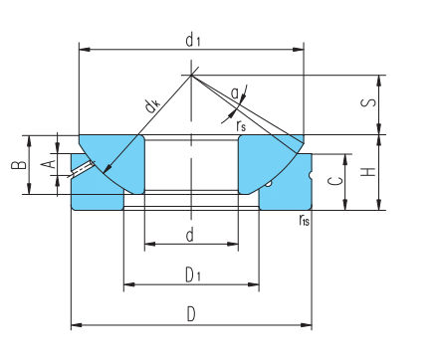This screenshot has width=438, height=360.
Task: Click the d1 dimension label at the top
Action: (193, 41)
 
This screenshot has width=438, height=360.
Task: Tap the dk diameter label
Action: (152, 105)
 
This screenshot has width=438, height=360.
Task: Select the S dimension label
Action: (368, 103)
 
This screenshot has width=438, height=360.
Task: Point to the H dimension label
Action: (368, 172)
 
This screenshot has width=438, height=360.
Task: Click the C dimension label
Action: (335, 181)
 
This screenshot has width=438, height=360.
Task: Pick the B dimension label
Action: (19, 165)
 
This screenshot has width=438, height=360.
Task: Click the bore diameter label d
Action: (190, 235)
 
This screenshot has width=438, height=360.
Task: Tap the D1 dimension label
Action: (193, 274)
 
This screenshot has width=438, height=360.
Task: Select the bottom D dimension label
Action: (191, 314)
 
